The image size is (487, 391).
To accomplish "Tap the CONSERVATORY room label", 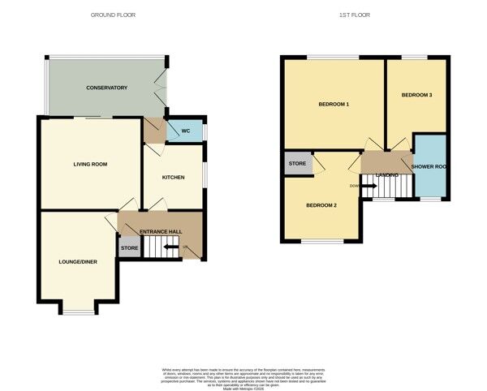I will pos(107,88).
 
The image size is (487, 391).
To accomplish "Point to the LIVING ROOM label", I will pos(90,164).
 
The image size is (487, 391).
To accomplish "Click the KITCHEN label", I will pos(173,177).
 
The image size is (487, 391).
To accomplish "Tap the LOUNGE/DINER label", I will pos(77,262).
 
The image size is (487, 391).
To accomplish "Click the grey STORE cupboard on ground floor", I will pos(129,247).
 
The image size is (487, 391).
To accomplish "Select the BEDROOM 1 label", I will pos(333,105).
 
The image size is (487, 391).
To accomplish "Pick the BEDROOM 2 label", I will pos(321,205).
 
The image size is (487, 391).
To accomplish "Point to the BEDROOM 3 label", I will pos(416,95).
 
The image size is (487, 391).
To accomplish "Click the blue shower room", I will pos(430,167).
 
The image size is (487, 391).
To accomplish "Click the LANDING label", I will pos(387,174).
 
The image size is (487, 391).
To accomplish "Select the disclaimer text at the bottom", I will pos(243,376).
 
